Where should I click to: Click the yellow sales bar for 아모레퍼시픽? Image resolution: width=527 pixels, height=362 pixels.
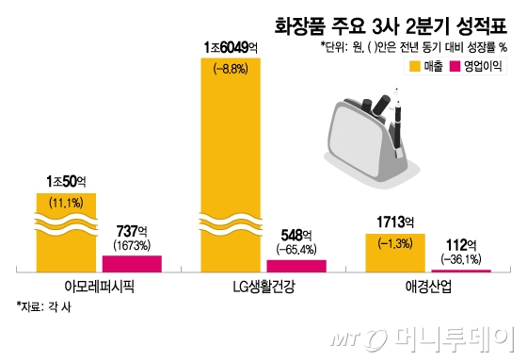66,231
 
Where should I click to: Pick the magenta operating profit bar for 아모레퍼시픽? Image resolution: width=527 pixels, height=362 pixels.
131,263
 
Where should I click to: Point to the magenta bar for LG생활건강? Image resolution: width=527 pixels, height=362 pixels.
296,265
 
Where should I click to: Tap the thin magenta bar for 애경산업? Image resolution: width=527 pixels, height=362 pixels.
461,270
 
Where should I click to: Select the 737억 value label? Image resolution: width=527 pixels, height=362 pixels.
131,231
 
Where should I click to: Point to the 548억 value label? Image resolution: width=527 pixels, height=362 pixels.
296,236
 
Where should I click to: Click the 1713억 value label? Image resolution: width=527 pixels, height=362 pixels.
395,222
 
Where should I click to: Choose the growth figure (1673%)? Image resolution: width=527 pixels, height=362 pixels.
131,245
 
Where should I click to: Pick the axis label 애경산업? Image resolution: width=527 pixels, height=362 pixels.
428,287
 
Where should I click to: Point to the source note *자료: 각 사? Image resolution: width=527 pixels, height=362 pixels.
48,306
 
